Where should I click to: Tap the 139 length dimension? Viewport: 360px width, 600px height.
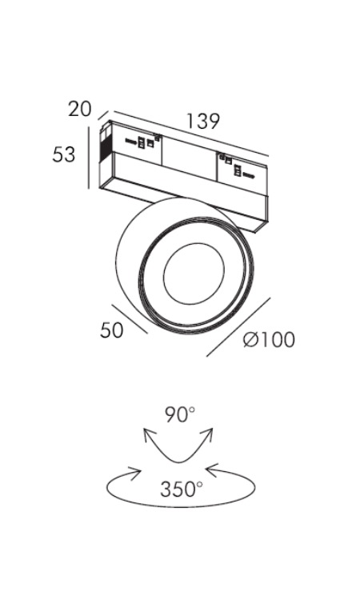202,121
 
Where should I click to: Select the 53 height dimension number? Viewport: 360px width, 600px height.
64,154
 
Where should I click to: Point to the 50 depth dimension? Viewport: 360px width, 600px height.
112,330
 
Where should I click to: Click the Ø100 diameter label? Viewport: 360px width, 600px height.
270,339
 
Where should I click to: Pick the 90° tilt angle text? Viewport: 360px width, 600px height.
180,414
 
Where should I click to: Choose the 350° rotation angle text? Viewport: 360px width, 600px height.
182,489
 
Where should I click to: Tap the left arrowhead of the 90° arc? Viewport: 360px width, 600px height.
150,435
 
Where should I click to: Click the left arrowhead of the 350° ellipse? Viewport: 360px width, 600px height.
134,473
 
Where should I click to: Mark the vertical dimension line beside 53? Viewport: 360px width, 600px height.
88,158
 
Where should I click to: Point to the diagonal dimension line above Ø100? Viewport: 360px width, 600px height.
238,326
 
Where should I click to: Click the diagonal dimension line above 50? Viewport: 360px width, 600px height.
130,318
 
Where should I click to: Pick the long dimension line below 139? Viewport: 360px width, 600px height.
191,133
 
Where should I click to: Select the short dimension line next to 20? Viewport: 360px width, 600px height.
103,114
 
